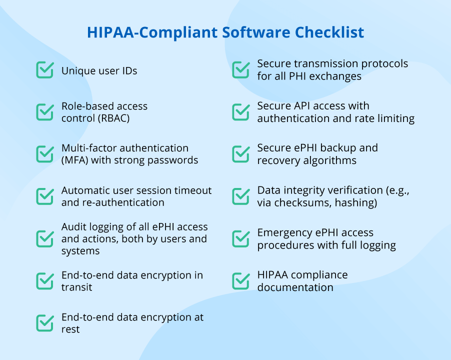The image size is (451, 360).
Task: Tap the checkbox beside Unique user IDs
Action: pos(45,70)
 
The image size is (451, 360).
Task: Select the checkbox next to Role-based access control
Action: pos(45,112)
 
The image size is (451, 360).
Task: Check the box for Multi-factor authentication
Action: pos(45,154)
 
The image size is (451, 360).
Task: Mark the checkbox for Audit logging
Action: pos(45,238)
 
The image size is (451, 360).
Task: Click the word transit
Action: pos(77,287)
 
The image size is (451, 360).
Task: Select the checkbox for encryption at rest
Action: pos(45,323)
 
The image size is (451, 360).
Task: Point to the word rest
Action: pos(70,329)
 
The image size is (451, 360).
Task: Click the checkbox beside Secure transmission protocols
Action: pos(241,70)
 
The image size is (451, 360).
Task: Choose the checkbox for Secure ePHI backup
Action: pos(241,154)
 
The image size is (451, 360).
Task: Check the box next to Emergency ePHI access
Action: pos(241,238)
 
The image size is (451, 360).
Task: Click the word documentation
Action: pos(295,287)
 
